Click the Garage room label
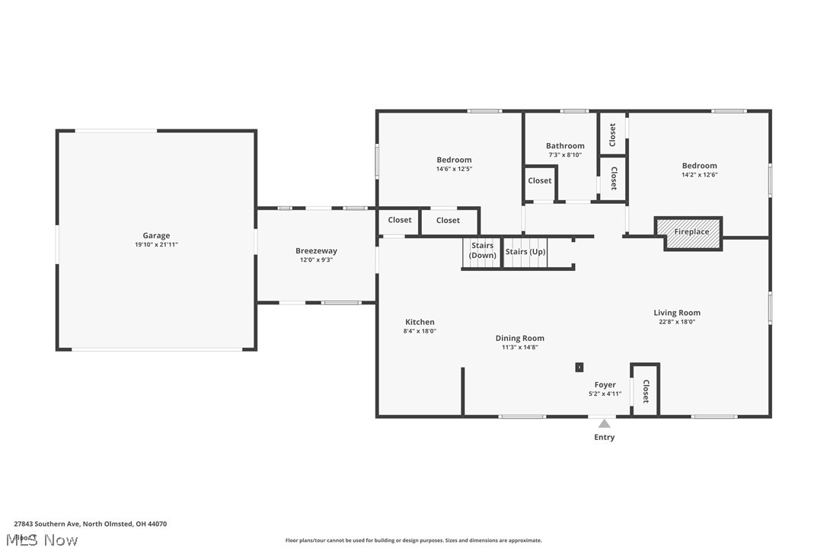156,235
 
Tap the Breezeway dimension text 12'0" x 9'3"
316,260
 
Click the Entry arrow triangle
604,423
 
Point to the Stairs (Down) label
482,250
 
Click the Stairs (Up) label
525,251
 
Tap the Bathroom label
565,145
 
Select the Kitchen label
420,322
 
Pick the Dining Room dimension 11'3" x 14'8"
519,347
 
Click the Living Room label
676,312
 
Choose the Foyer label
605,384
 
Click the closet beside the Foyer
645,390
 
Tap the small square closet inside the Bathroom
540,181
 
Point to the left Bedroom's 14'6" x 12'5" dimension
454,169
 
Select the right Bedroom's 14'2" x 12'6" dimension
699,174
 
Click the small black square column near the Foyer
580,367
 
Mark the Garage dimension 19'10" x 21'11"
156,244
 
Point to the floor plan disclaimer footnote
413,540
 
